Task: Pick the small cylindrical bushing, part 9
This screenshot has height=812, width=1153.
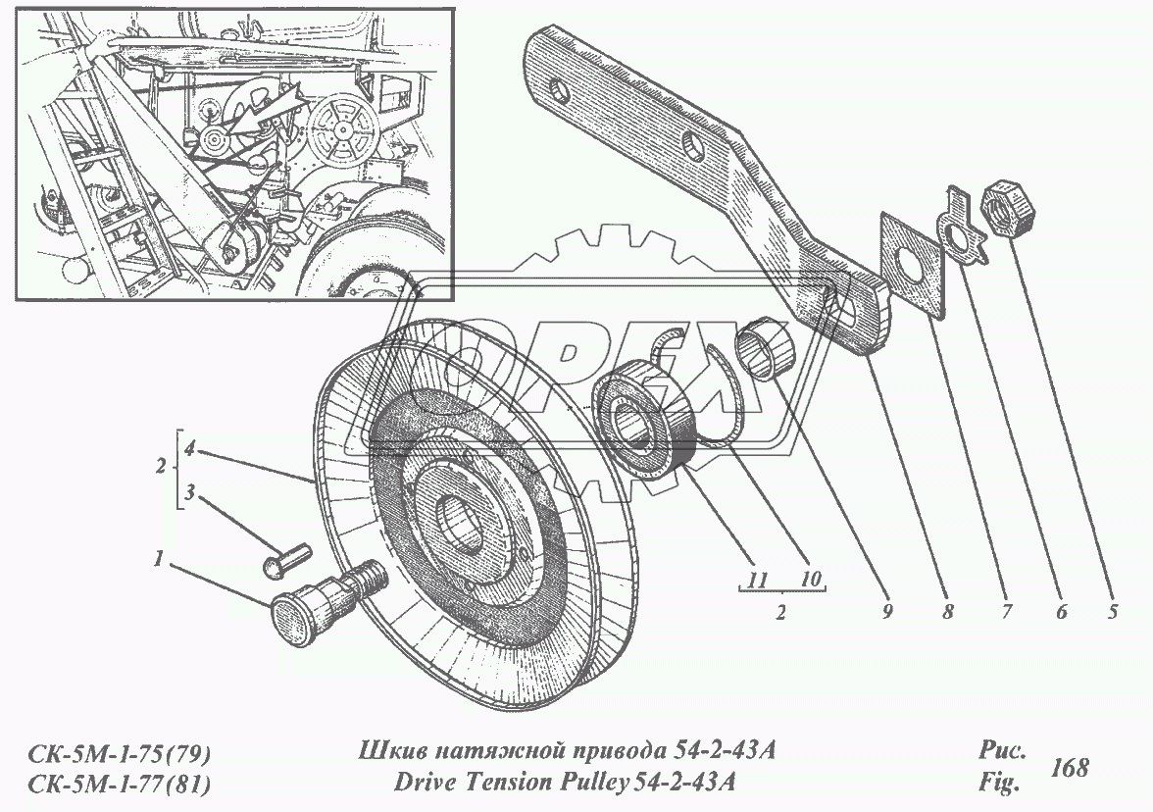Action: pos(772,348)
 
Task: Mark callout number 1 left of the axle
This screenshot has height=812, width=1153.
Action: pos(157,559)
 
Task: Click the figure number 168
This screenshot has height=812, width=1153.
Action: pos(1069,768)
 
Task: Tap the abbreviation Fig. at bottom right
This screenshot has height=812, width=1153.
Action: pos(999,784)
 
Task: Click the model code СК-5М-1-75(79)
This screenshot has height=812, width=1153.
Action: pos(115,754)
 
